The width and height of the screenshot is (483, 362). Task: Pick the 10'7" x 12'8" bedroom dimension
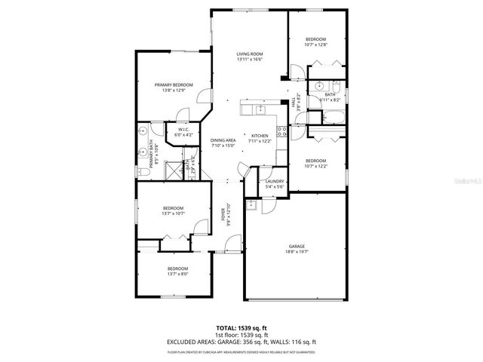[315, 45]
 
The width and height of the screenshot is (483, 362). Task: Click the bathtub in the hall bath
[332, 116]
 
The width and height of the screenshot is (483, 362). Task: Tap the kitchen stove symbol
[282, 133]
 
